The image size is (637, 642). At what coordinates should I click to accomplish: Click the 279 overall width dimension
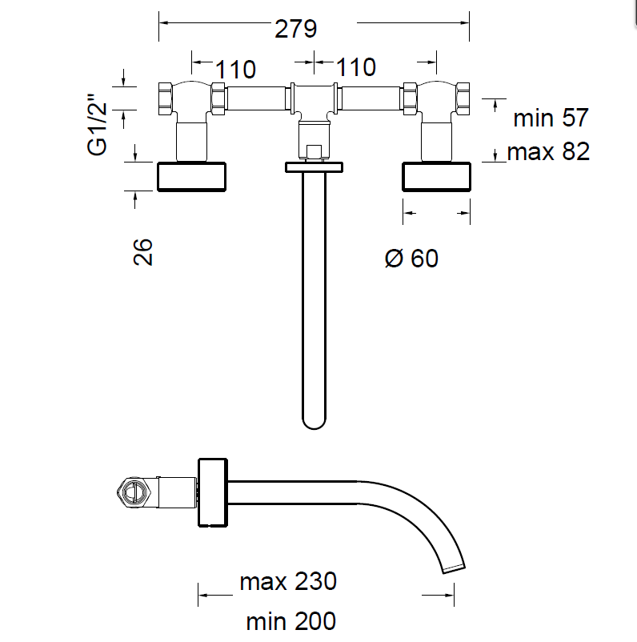pos(297,29)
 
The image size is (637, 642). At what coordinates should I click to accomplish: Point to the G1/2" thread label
pos(98,125)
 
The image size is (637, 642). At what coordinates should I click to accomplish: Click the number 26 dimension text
pos(142,251)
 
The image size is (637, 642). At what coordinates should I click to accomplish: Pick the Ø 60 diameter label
pos(411,259)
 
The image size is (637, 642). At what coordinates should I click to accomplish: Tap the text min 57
pos(551,118)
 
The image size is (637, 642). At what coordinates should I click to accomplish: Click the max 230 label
pos(288,581)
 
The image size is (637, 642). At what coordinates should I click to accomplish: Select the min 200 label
pos(290,620)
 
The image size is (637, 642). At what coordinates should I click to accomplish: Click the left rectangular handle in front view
pos(192,177)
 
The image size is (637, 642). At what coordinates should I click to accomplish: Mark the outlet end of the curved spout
pos(454,568)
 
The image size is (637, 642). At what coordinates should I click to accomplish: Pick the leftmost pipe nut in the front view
pos(166,98)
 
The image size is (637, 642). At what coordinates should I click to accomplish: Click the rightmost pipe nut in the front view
pos(463,98)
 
